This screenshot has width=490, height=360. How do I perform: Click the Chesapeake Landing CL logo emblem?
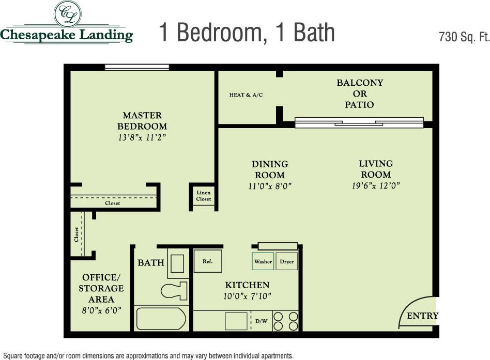pyautogui.click(x=67, y=14)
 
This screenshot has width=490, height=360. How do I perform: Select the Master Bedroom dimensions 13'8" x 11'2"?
pyautogui.click(x=142, y=138)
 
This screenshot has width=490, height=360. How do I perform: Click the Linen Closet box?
pyautogui.click(x=203, y=196)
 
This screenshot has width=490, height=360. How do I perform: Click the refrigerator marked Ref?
pyautogui.click(x=208, y=261)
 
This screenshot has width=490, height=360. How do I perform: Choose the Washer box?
pyautogui.click(x=263, y=262)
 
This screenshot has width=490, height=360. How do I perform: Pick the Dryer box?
pyautogui.click(x=287, y=262)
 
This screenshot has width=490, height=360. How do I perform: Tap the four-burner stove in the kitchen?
pyautogui.click(x=286, y=321)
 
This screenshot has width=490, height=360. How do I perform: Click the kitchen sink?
pyautogui.click(x=236, y=321)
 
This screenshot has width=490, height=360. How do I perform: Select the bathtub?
pyautogui.click(x=161, y=319)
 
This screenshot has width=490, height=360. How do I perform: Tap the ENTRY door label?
pyautogui.click(x=422, y=316)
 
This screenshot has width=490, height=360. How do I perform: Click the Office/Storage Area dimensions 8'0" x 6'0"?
pyautogui.click(x=101, y=310)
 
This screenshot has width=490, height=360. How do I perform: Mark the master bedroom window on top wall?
pyautogui.click(x=137, y=67)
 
